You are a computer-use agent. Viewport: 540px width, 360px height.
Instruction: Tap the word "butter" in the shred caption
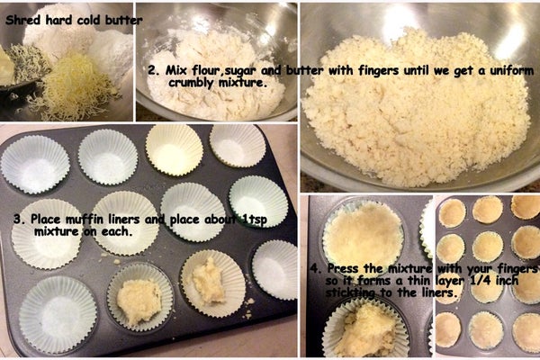pos(124,20)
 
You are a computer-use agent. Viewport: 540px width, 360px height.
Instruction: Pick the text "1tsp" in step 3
pos(254,220)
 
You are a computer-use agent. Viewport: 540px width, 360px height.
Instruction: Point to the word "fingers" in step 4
pos(517,269)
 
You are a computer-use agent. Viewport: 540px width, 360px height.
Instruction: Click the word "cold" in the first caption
pos(89,20)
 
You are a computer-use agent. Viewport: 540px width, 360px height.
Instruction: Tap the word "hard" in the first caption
pos(58,20)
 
